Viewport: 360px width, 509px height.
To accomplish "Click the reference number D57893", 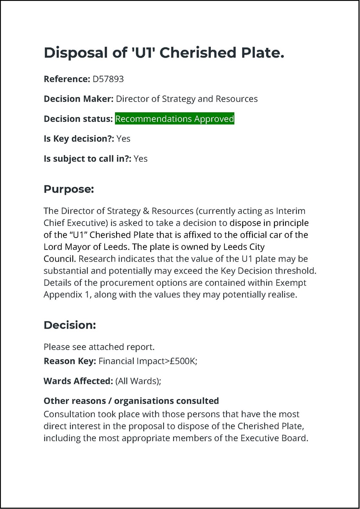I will click(108, 79).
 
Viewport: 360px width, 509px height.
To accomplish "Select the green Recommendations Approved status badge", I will click(174, 119).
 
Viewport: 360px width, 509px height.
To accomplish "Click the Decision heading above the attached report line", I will click(70, 325).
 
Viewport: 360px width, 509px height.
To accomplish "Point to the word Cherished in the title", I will click(199, 53).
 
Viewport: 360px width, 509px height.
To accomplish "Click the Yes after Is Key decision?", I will click(123, 138).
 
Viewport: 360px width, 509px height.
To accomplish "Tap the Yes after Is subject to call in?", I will click(141, 159).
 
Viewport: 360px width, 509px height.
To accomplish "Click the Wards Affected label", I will click(78, 381).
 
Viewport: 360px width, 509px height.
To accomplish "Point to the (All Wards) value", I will click(138, 381).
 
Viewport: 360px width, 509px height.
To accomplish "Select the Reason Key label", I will click(69, 362).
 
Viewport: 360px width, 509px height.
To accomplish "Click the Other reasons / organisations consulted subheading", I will click(131, 401).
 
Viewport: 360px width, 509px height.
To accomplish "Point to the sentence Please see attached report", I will click(99, 347).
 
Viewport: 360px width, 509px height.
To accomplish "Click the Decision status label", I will click(78, 119).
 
